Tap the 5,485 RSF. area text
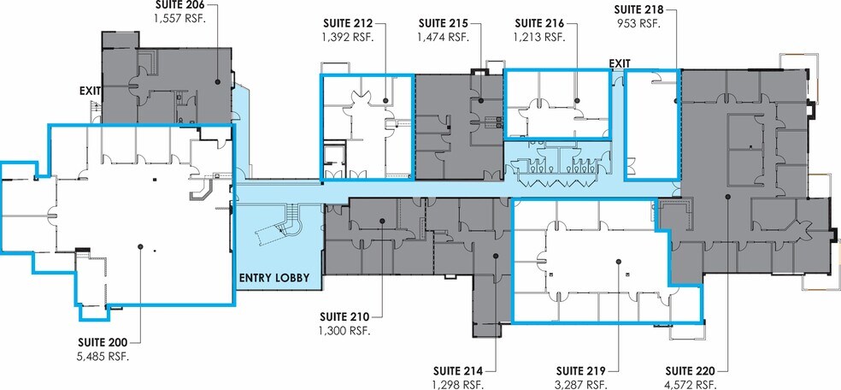[104, 356]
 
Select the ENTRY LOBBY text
[274, 278]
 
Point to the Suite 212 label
[348, 24]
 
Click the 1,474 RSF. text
[443, 37]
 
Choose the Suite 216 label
[539, 24]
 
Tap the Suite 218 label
[638, 9]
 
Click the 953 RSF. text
[638, 23]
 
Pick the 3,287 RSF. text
[581, 385]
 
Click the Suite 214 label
[458, 370]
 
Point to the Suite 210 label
[344, 316]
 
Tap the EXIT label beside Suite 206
[90, 92]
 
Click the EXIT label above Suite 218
[620, 63]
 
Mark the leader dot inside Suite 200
[140, 246]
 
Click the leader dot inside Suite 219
[619, 261]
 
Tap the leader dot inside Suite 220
[727, 197]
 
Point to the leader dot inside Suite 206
[218, 81]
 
